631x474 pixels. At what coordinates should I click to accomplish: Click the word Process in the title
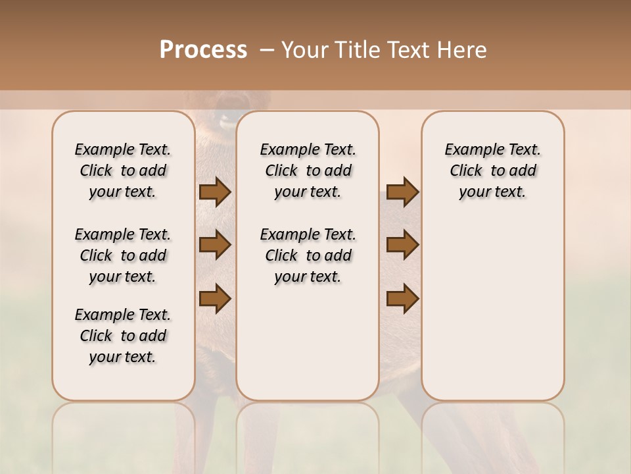tap(203, 49)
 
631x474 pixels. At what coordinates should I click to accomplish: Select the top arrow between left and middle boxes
tap(214, 192)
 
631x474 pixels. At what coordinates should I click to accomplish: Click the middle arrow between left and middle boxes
tap(214, 245)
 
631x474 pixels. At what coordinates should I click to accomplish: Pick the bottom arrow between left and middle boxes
tap(214, 298)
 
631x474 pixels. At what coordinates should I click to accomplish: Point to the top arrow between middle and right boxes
tap(402, 192)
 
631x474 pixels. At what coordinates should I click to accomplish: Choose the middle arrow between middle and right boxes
tap(402, 245)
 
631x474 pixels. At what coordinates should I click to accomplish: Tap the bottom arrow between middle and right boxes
tap(402, 298)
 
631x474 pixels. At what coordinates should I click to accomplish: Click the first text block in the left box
tap(123, 171)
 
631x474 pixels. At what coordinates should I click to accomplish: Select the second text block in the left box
tap(123, 255)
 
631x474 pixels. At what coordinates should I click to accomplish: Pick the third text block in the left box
tap(123, 336)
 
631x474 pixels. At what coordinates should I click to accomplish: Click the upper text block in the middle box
tap(308, 171)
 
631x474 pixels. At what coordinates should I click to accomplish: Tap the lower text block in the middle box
tap(308, 255)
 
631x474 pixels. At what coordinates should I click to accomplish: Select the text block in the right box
tap(492, 171)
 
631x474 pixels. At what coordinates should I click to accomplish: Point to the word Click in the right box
tap(466, 171)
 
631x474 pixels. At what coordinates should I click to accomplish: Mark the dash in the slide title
tap(268, 50)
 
